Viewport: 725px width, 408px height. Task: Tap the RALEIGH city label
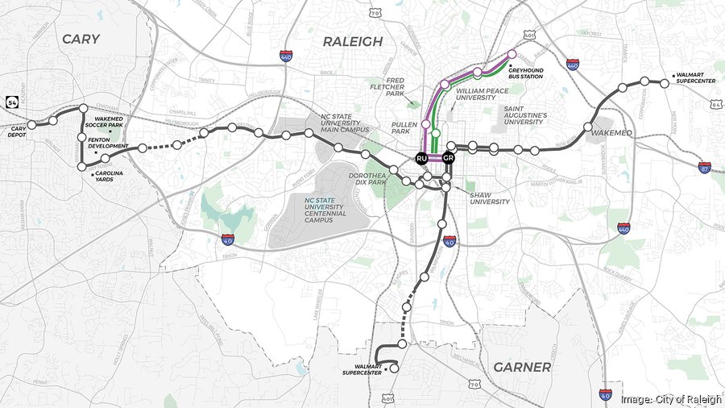(353, 41)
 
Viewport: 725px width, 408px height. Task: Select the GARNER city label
(521, 367)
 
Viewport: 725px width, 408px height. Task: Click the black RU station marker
(420, 159)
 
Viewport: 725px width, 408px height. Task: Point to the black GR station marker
(449, 159)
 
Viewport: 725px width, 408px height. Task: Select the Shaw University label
(491, 198)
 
